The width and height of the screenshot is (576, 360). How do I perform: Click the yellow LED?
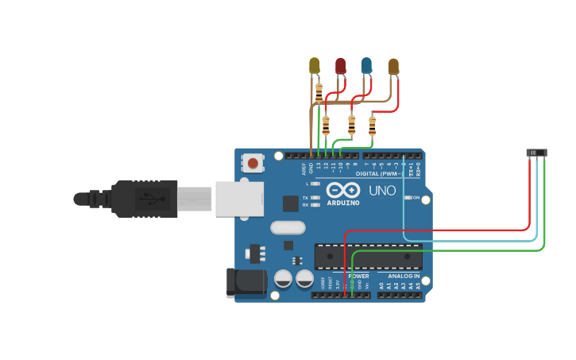tap(315, 65)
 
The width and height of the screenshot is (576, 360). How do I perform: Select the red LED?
tap(341, 65)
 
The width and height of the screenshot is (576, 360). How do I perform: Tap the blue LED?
tap(366, 65)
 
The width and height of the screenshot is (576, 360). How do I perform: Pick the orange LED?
tap(393, 66)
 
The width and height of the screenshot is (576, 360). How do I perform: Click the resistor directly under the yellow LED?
tap(319, 92)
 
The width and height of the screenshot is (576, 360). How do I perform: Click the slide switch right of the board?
tap(537, 153)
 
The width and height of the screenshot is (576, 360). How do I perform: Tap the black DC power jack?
tap(246, 284)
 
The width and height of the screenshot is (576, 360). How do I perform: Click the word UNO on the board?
tap(382, 191)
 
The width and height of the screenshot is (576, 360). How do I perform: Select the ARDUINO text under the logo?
tap(342, 203)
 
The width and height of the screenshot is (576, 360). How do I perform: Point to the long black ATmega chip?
tap(369, 256)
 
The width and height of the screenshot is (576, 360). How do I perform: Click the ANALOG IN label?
tap(404, 277)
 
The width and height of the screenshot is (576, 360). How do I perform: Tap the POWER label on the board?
tap(358, 277)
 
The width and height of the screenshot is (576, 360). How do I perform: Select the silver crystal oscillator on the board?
tap(288, 228)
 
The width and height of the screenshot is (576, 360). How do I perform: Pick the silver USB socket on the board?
tap(239, 198)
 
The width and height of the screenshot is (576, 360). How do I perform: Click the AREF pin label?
tap(303, 168)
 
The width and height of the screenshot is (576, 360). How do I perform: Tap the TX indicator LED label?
tap(305, 197)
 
